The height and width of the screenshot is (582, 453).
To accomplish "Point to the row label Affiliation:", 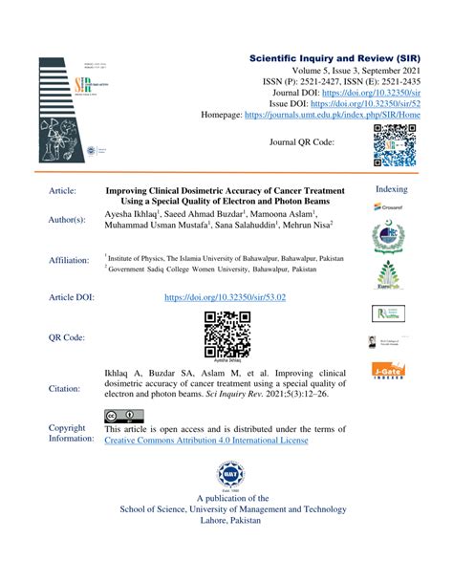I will click(73, 261).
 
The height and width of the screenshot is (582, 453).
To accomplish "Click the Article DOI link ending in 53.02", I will click(226, 298).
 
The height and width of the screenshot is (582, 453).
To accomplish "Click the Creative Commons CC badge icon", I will click(123, 416).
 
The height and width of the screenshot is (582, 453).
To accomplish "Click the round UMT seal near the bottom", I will click(225, 473).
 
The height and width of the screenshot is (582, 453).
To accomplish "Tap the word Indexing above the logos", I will click(392, 189).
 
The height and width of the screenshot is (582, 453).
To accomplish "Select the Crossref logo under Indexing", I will click(390, 208).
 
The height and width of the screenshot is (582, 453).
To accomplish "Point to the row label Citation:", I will click(66, 389).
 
